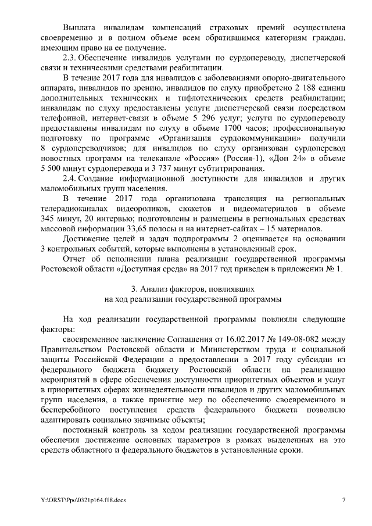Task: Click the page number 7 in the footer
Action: click(x=343, y=500)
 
